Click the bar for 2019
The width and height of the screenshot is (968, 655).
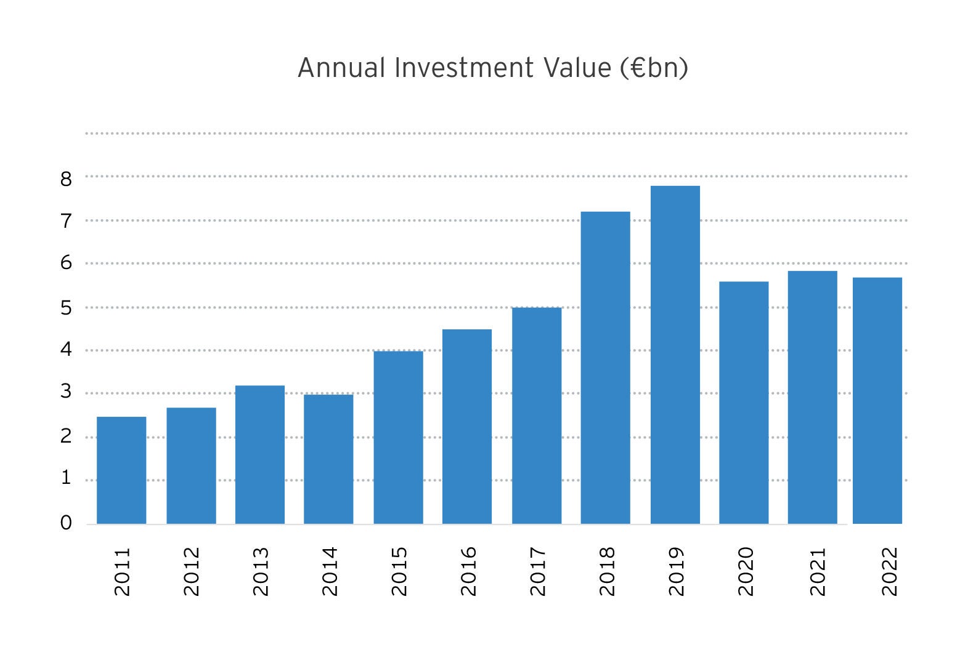(x=675, y=355)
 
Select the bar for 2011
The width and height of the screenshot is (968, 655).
(x=121, y=470)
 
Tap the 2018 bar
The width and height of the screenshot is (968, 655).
(x=605, y=368)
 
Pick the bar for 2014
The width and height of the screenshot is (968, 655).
(x=328, y=459)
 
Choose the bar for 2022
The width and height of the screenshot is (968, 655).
(x=877, y=401)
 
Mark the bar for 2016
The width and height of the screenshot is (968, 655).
(x=467, y=427)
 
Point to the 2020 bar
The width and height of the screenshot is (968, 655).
(x=744, y=403)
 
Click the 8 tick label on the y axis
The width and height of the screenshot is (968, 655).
(x=66, y=179)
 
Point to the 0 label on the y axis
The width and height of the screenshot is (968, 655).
(x=66, y=523)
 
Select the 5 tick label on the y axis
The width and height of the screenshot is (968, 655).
(x=66, y=308)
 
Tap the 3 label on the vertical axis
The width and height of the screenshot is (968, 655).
(x=66, y=392)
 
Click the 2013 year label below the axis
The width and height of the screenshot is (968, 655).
(x=261, y=571)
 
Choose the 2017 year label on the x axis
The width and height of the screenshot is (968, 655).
(x=538, y=571)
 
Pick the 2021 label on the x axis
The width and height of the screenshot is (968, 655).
(x=817, y=571)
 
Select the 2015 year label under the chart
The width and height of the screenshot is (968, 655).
(x=399, y=571)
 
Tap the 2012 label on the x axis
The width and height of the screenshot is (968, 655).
(x=192, y=571)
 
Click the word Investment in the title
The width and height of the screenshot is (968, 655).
(x=464, y=68)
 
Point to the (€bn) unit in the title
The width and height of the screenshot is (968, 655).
(x=654, y=68)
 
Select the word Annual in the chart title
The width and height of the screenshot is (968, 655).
(x=341, y=68)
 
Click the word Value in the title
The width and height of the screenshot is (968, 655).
(x=577, y=68)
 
